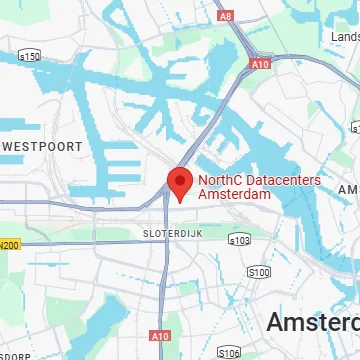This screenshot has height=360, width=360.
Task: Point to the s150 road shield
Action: coord(30,56)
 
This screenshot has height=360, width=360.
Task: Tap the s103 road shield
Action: coord(239,240)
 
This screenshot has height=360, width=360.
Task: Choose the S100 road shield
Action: coord(258,272)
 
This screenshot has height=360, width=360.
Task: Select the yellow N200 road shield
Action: coord(9,244)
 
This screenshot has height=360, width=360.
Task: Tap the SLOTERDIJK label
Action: coord(158,232)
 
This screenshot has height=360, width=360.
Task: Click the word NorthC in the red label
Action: coord(219,182)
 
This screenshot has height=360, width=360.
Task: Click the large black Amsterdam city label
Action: coord(312,322)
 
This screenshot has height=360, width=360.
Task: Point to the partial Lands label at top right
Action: coord(336,35)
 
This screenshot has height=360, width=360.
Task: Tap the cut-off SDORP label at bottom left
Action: coord(15,355)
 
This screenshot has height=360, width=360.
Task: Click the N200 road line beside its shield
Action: coord(60,243)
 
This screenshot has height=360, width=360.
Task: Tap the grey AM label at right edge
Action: coord(348,190)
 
